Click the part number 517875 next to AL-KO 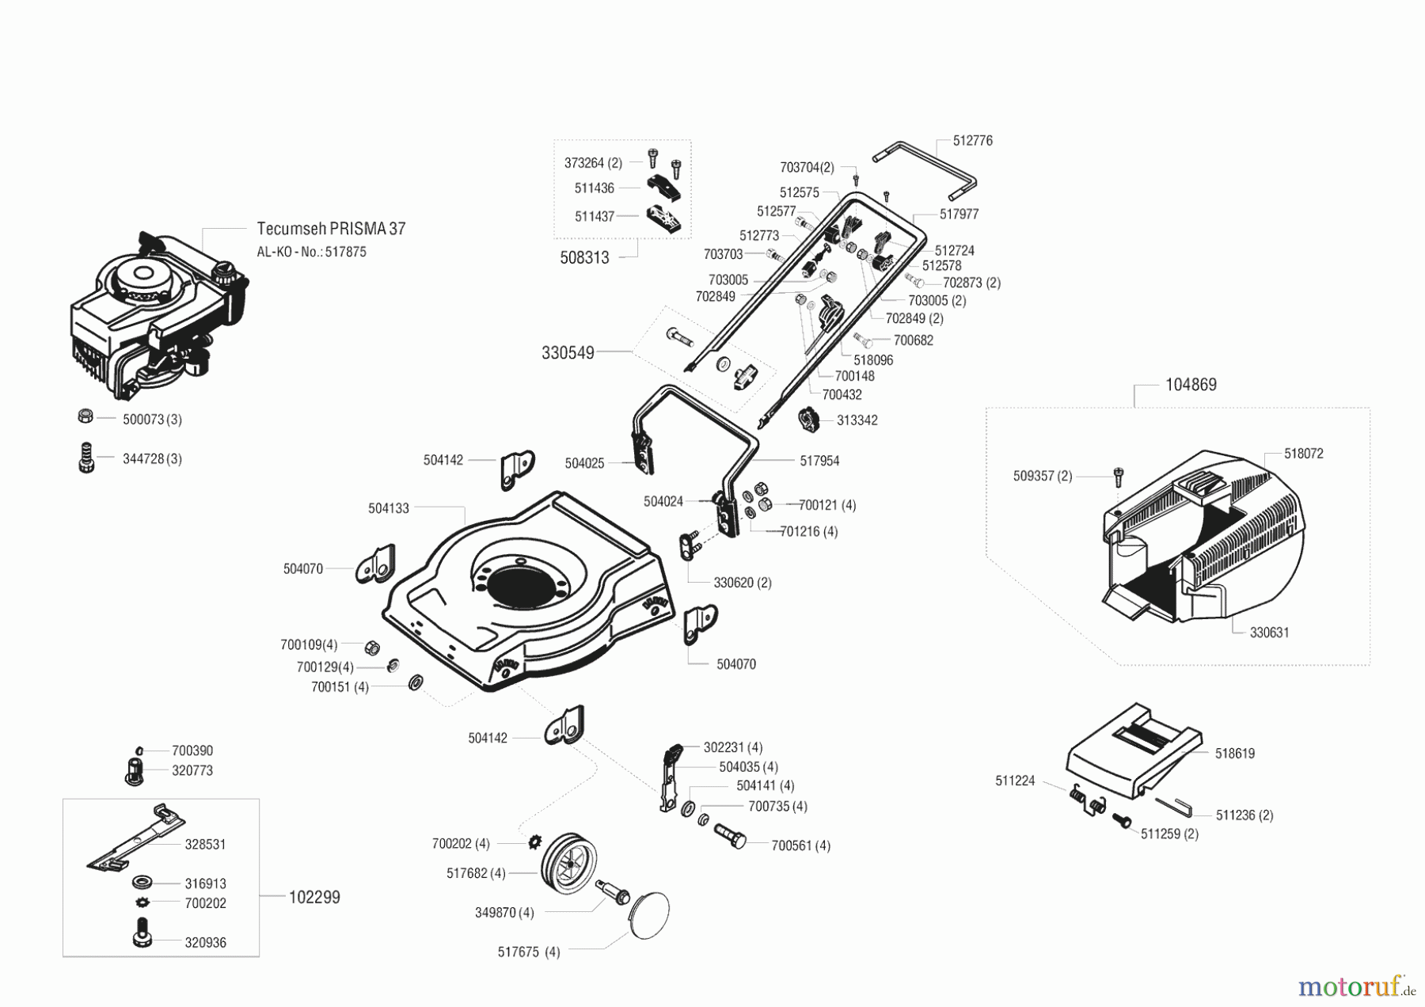346,252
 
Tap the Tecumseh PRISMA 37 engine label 331,229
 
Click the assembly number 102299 314,897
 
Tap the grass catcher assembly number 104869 1191,385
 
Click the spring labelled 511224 1087,798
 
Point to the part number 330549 568,353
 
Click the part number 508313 584,257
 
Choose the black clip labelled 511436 663,188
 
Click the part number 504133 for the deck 388,508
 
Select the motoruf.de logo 1355,987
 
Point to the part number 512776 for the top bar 972,141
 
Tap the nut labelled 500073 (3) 86,416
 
